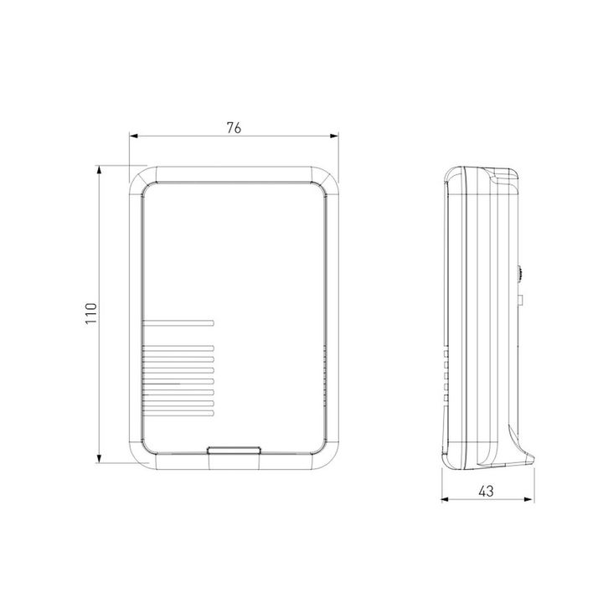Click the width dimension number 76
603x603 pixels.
[x=234, y=128]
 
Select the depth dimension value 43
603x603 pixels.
[x=487, y=492]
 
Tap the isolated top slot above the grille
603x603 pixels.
[x=178, y=322]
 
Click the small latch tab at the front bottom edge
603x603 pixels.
[x=234, y=452]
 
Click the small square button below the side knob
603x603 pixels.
[x=520, y=298]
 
